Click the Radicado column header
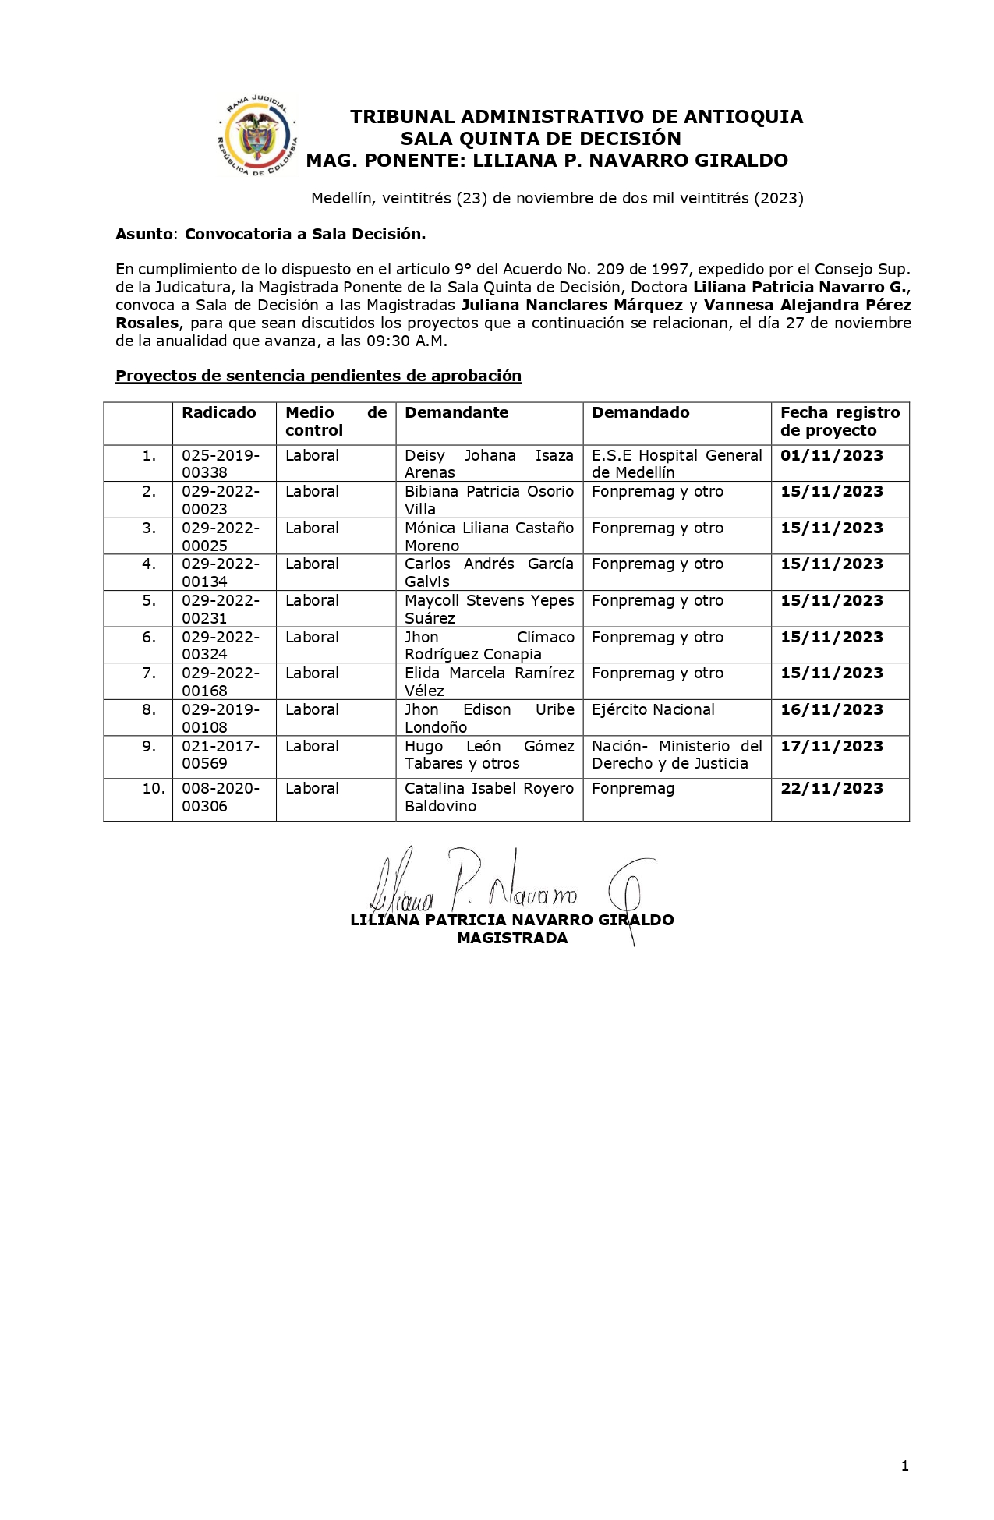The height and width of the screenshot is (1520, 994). pyautogui.click(x=219, y=413)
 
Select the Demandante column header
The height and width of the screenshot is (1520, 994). pyautogui.click(x=456, y=413)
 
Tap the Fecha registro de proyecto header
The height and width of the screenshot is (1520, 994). pyautogui.click(x=840, y=422)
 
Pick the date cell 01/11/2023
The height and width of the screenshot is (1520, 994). pyautogui.click(x=832, y=456)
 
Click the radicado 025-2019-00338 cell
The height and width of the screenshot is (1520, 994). pyautogui.click(x=221, y=464)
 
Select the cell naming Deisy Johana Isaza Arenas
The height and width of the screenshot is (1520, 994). pyautogui.click(x=489, y=464)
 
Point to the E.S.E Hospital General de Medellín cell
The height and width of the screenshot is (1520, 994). pyautogui.click(x=677, y=464)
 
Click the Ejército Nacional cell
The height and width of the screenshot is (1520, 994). pyautogui.click(x=653, y=710)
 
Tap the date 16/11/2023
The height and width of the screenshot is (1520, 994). pyautogui.click(x=832, y=710)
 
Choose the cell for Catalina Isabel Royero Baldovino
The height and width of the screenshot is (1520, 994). pyautogui.click(x=489, y=797)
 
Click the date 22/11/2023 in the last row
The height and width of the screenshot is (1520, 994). pyautogui.click(x=832, y=789)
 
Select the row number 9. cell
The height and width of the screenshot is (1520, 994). pyautogui.click(x=149, y=747)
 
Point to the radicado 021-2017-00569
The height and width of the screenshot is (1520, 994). pyautogui.click(x=221, y=755)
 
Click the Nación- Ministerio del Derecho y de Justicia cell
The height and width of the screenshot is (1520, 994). pyautogui.click(x=677, y=755)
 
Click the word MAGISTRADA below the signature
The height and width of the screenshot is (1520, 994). pyautogui.click(x=512, y=939)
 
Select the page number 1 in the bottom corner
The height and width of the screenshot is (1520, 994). pyautogui.click(x=905, y=1466)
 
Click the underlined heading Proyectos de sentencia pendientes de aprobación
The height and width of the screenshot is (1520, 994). pyautogui.click(x=318, y=376)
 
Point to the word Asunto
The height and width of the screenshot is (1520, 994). pyautogui.click(x=146, y=234)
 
